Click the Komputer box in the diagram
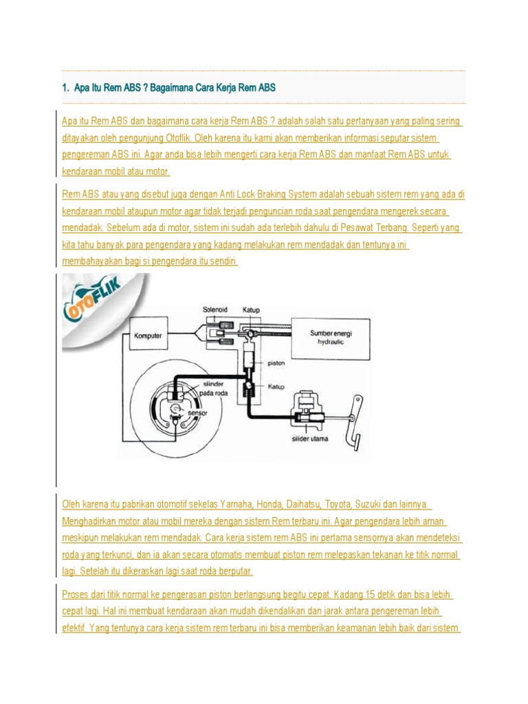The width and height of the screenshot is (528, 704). pyautogui.click(x=147, y=337)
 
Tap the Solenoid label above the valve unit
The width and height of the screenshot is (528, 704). pyautogui.click(x=214, y=310)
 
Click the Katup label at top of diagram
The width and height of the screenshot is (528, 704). pyautogui.click(x=251, y=310)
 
